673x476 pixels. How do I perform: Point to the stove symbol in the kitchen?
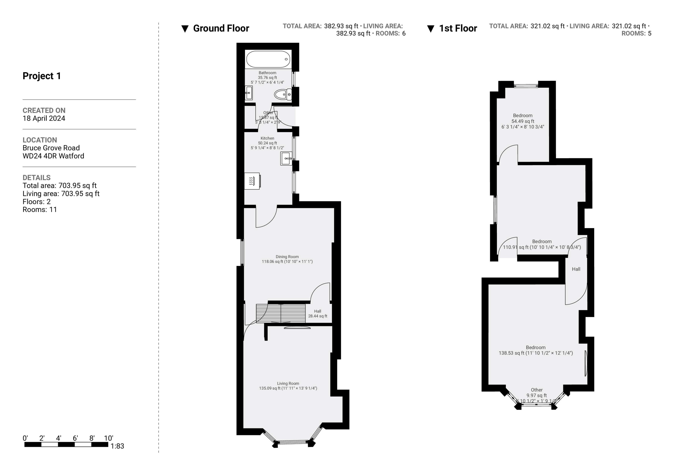[x=252, y=181]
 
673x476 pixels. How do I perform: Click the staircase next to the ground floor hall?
[x=281, y=313]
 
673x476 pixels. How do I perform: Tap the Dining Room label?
[x=287, y=257]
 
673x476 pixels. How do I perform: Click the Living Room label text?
[x=288, y=383]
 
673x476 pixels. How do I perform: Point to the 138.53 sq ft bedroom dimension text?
[x=536, y=353]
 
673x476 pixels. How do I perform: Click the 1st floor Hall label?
[x=576, y=269]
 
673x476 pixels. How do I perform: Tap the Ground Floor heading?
[x=221, y=28]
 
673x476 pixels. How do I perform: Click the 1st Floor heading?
[x=458, y=28]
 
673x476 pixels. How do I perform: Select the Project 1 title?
[x=42, y=76]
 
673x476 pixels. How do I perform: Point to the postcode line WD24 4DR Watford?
[x=53, y=156]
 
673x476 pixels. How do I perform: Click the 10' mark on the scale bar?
[x=108, y=438]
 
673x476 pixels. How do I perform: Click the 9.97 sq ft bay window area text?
[x=536, y=395]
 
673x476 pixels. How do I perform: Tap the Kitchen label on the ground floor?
[x=267, y=138]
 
